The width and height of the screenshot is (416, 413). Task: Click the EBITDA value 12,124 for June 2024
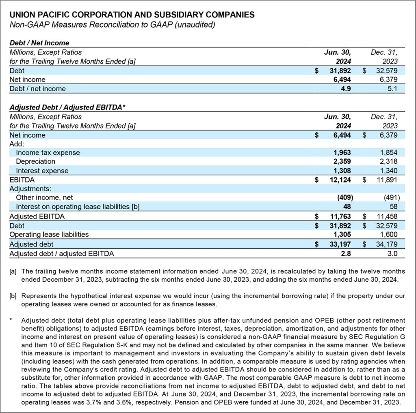click(340, 180)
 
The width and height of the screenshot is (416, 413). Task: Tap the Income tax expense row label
click(48, 153)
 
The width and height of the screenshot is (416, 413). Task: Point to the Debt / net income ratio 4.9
click(345, 88)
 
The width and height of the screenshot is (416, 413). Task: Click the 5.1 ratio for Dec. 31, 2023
click(392, 88)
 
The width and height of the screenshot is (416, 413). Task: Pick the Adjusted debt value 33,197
click(340, 244)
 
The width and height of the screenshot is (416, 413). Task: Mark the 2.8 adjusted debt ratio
click(345, 254)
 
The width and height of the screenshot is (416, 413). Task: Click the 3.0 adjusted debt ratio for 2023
click(392, 254)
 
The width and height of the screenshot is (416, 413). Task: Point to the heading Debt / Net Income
click(39, 43)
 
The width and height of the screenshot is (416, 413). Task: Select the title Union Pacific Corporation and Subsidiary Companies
click(132, 15)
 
